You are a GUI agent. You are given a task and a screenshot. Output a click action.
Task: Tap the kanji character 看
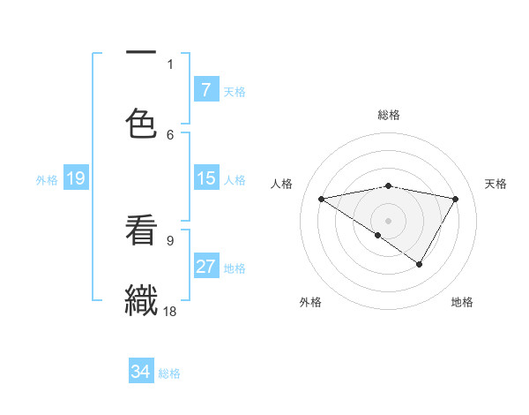coord(141,231)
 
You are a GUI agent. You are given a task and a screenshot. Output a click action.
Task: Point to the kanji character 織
coord(141,298)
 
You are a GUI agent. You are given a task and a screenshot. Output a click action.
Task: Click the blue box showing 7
coord(205,89)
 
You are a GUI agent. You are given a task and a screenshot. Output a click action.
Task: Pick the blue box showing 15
coord(205,178)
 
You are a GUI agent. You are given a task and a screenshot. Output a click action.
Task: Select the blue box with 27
coord(205,267)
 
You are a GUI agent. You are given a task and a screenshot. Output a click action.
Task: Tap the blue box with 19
coord(76,178)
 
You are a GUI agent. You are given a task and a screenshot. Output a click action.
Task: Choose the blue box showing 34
coord(141,372)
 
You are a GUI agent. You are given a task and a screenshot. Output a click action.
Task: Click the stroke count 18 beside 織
coord(171,312)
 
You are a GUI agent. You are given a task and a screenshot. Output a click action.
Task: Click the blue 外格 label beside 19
coord(47,180)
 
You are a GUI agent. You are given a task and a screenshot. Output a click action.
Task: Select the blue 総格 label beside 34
coord(169,373)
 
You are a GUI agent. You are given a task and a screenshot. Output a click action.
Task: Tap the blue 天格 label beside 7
coord(235,91)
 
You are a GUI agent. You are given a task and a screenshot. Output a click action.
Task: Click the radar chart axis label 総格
coord(388,115)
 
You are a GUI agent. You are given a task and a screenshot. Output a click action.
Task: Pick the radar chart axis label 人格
coord(282,184)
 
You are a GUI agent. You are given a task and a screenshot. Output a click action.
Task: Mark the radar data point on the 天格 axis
coord(455,199)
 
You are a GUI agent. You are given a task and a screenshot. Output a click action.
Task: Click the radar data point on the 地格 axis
coord(420,264)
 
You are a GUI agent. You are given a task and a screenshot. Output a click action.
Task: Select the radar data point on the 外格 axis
coord(378,235)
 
